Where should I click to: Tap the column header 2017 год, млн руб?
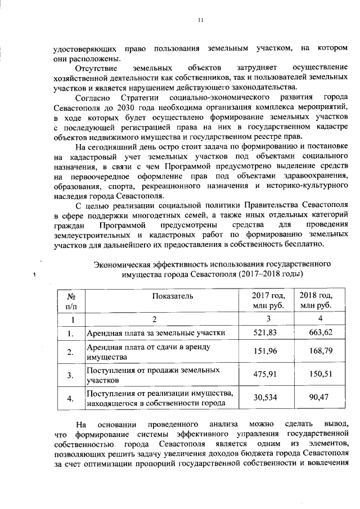coord(268,301)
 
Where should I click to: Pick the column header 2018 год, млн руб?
coord(316,301)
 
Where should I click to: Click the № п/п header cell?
coord(71,301)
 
